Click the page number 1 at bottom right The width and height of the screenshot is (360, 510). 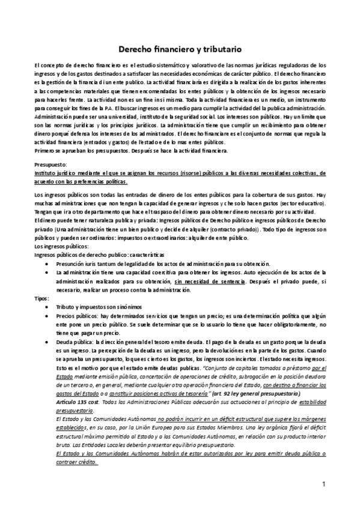click(x=323, y=483)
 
